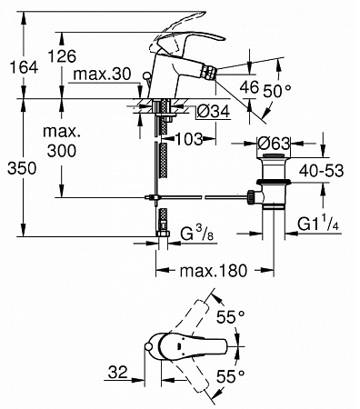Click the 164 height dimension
(x=24, y=67)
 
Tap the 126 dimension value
(x=63, y=56)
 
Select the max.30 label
(x=102, y=74)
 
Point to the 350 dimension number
(x=22, y=168)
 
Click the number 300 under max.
(x=62, y=150)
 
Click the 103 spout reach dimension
(x=189, y=139)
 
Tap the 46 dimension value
(x=249, y=87)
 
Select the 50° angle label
(x=277, y=90)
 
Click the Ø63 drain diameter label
(x=274, y=144)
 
